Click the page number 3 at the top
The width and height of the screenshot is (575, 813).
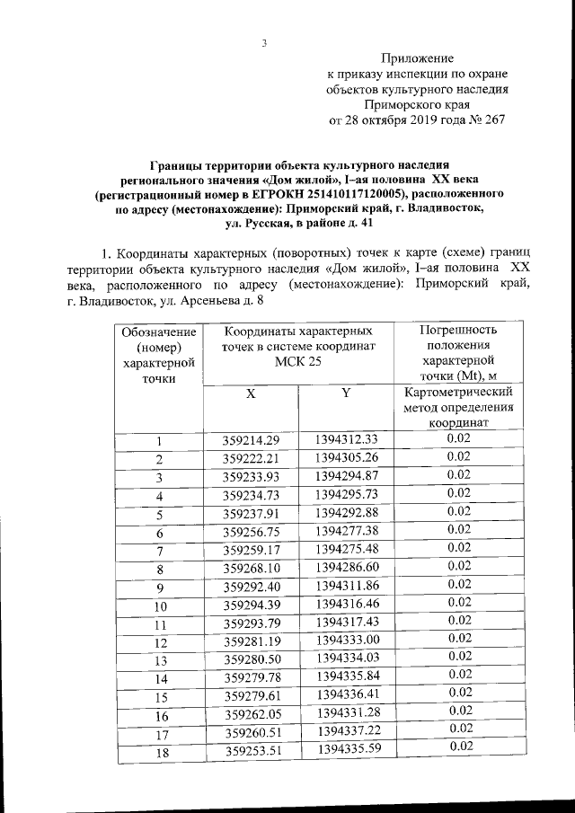point(265,42)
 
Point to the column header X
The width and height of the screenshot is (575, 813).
point(251,393)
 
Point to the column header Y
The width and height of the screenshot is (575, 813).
point(346,393)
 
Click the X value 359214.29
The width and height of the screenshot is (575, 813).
point(252,440)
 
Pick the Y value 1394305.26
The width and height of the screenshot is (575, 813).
point(347,457)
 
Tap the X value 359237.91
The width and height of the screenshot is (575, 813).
point(252,514)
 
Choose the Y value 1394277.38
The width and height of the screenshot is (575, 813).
point(347,532)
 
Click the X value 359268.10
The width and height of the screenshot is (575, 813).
point(252,569)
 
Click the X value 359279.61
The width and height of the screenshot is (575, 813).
point(252,696)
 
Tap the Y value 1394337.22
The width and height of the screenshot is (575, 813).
point(347,733)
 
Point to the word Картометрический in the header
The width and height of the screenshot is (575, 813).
point(458,393)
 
